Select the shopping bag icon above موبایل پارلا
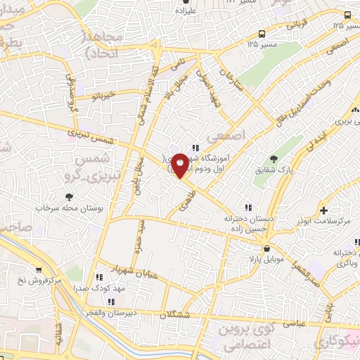(266, 249)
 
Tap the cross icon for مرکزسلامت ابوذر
(323, 210)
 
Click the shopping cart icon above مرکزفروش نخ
(37, 269)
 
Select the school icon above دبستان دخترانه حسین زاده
(247, 207)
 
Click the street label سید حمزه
(139, 239)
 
